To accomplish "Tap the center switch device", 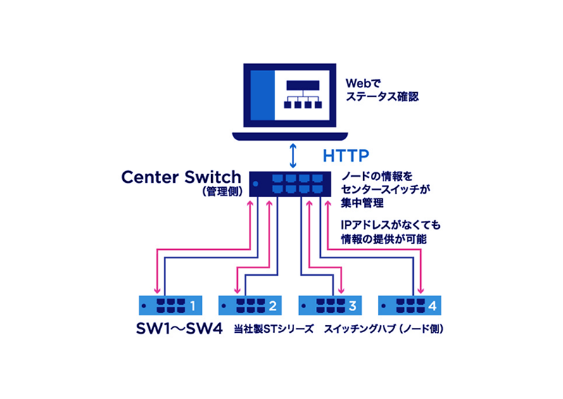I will tap(290, 184).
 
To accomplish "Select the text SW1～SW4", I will tap(182, 329).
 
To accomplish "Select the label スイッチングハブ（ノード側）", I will tap(386, 329).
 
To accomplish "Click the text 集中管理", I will tap(361, 203).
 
